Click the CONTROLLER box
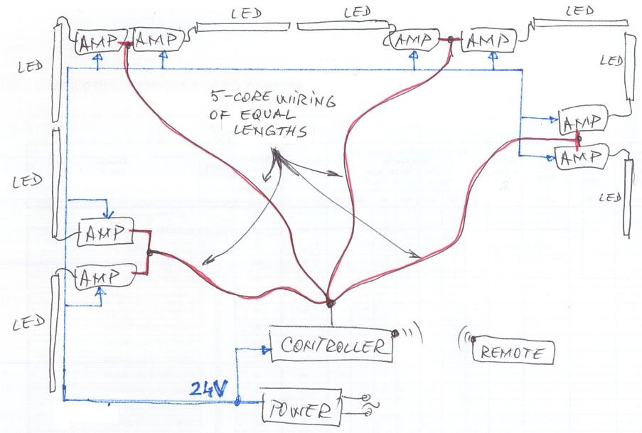coord(331,346)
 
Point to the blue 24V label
coord(208,388)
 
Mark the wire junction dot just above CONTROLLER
coord(331,302)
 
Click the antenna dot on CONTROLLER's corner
coord(395,333)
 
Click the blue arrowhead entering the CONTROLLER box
coord(266,349)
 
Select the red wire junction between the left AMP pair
coord(149,253)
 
